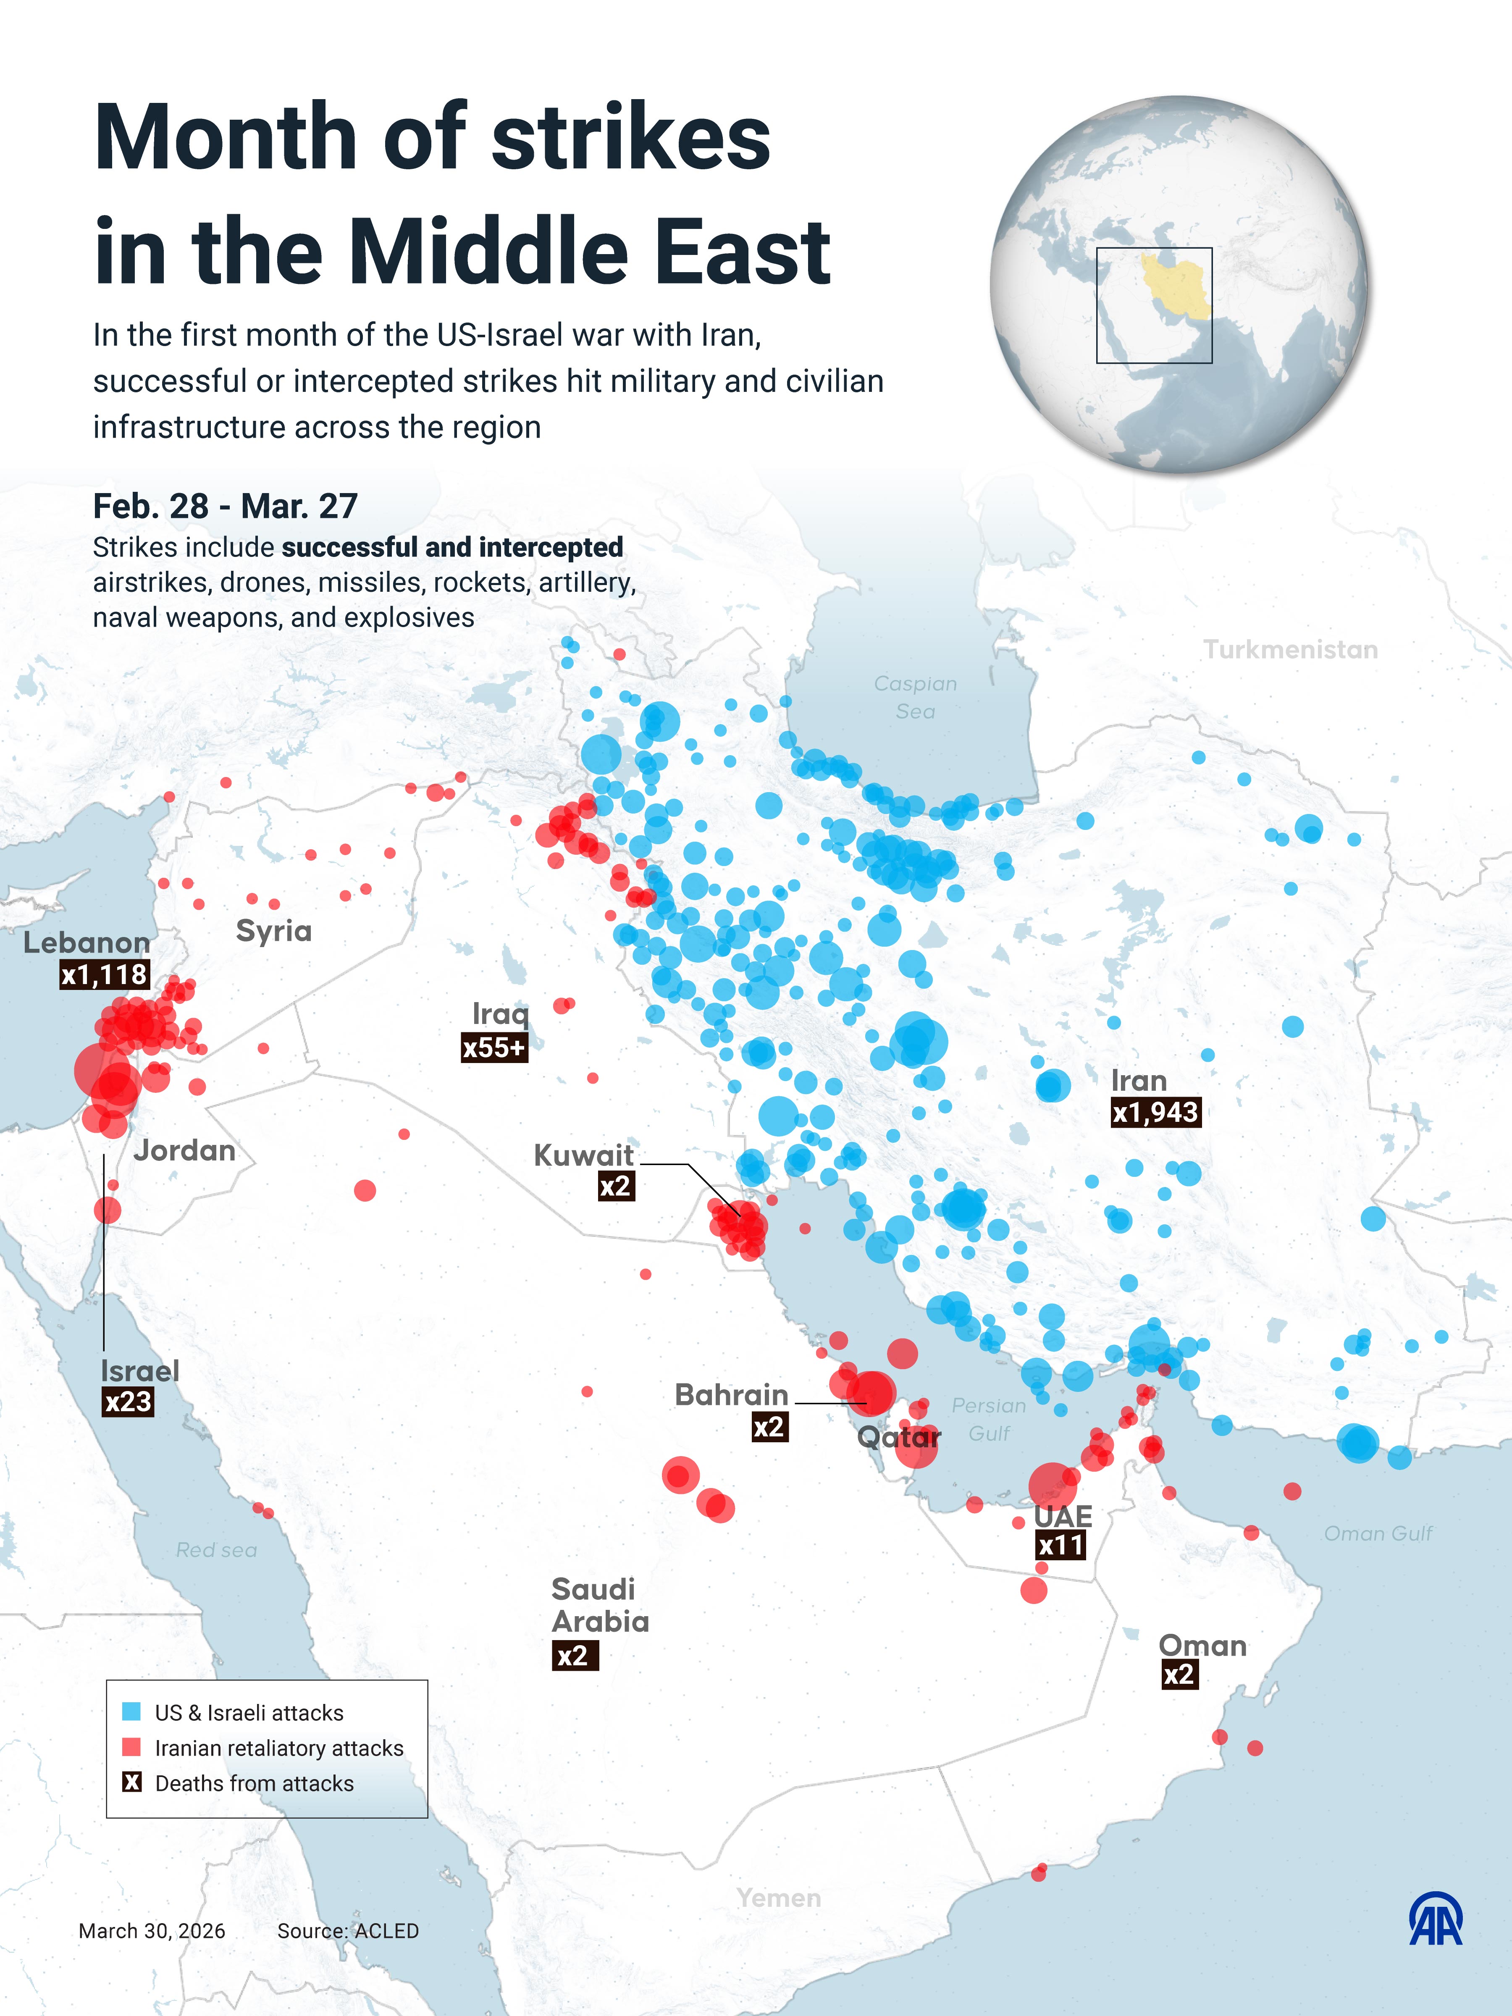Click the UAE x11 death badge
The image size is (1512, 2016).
coord(1061,1545)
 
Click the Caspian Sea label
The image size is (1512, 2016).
coord(915,697)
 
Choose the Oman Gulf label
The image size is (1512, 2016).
coord(1377,1534)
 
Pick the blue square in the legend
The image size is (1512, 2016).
coord(131,1711)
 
